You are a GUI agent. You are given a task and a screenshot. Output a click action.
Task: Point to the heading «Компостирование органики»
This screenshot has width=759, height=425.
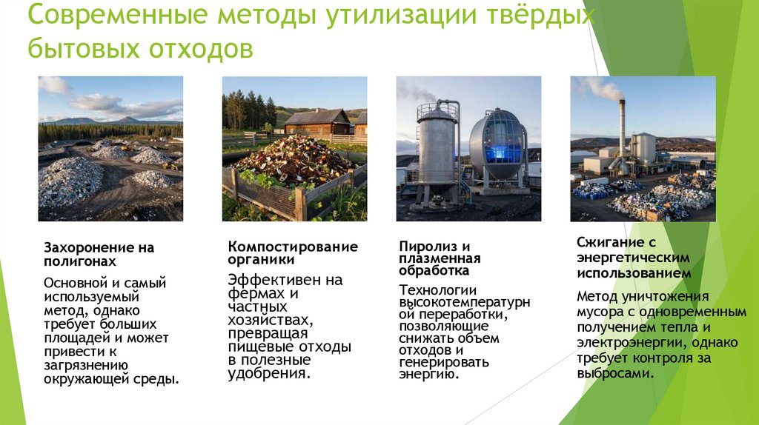pos(293,252)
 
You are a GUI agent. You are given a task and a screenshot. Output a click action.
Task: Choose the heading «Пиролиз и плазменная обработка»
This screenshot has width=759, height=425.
pos(440,258)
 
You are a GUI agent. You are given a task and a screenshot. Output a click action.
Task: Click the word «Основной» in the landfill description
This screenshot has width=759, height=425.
pos(73,283)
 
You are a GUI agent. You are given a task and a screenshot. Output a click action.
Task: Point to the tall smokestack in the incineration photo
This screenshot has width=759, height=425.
pos(622,133)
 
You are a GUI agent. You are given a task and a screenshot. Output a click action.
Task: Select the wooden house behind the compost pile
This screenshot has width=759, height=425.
pos(316,122)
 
